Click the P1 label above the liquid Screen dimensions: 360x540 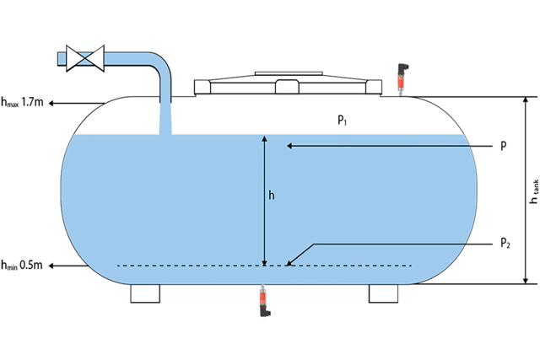(343, 121)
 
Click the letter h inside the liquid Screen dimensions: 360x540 (271, 195)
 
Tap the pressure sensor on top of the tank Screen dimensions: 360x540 (401, 77)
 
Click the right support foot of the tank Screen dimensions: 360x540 (384, 293)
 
